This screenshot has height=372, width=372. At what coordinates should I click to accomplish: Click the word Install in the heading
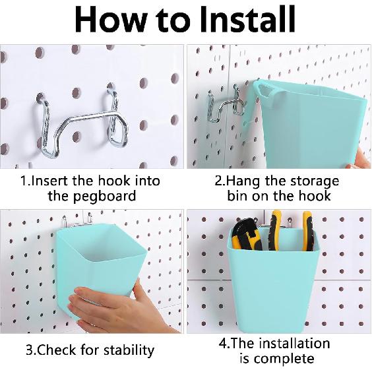pyautogui.click(x=247, y=19)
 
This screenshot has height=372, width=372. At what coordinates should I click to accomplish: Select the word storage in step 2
pyautogui.click(x=315, y=182)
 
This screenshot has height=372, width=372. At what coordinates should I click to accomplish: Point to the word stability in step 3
pyautogui.click(x=129, y=350)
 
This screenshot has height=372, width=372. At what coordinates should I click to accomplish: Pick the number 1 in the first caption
pyautogui.click(x=24, y=181)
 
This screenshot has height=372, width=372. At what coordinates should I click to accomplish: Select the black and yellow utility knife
pyautogui.click(x=247, y=235)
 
